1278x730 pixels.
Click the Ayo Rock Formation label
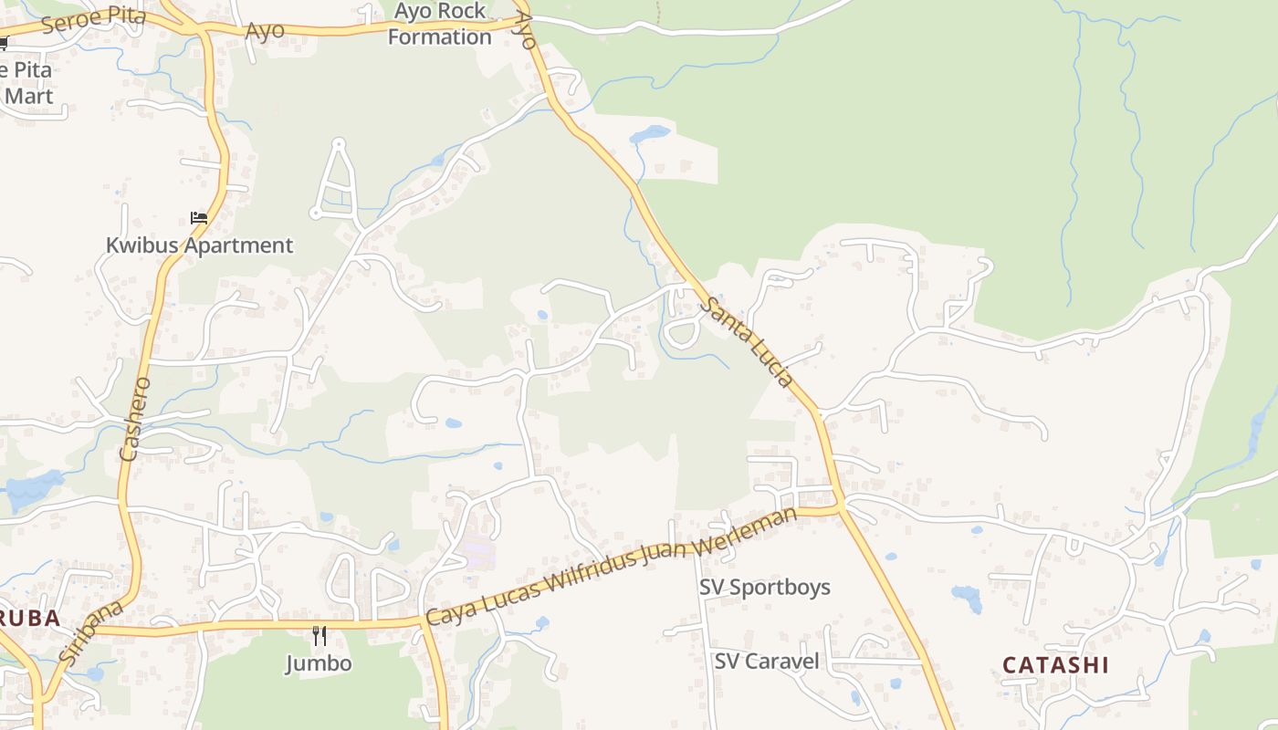pyautogui.click(x=439, y=24)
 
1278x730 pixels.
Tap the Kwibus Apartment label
pyautogui.click(x=199, y=245)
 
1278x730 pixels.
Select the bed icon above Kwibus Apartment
pyautogui.click(x=198, y=218)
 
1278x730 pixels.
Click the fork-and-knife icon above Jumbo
pyautogui.click(x=319, y=635)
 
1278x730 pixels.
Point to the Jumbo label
pyautogui.click(x=318, y=662)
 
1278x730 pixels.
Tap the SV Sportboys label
pyautogui.click(x=765, y=587)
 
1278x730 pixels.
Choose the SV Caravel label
pyautogui.click(x=767, y=661)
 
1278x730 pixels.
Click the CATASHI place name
pyautogui.click(x=1055, y=664)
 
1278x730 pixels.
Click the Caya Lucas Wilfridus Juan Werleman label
pyautogui.click(x=612, y=567)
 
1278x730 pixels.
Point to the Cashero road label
pyautogui.click(x=134, y=417)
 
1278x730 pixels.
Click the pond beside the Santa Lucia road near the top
pyautogui.click(x=650, y=135)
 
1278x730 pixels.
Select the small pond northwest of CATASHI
pyautogui.click(x=967, y=598)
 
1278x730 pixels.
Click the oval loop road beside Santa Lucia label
pyautogui.click(x=681, y=331)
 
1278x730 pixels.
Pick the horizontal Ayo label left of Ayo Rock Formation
pyautogui.click(x=265, y=30)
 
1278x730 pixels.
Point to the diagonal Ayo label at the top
pyautogui.click(x=524, y=29)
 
